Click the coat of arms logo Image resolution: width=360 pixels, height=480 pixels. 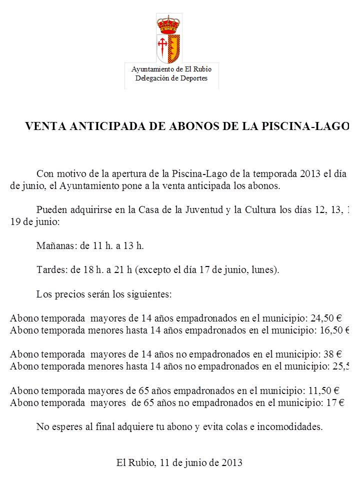[169, 40]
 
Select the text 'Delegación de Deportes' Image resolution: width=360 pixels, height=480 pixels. [171, 78]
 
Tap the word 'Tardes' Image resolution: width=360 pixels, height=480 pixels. [50, 270]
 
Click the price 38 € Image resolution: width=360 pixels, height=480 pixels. [332, 354]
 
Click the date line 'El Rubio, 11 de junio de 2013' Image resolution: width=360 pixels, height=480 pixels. [179, 462]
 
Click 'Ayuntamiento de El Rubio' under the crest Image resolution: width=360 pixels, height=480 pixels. [171, 69]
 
